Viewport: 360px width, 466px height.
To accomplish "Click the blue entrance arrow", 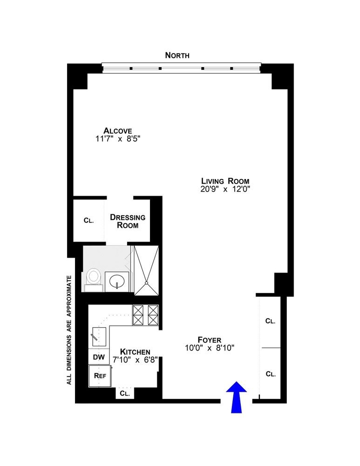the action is tap(237, 397).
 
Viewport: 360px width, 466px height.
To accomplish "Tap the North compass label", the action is tap(177, 55).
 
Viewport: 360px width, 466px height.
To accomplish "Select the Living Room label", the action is tap(225, 181).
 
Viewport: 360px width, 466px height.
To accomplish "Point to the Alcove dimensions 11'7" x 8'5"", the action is tap(118, 139).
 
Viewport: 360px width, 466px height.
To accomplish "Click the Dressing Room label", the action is tap(128, 221).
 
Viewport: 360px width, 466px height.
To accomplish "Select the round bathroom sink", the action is tap(117, 281).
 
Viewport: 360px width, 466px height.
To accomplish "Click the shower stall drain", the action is tap(146, 283).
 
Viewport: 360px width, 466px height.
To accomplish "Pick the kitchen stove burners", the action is tap(146, 315).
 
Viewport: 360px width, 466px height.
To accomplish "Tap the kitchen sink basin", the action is tap(99, 336).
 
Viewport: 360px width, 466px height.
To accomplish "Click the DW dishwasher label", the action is tap(99, 357).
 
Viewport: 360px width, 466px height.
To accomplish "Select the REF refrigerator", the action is tap(100, 376).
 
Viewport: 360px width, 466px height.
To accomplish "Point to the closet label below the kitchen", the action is tap(125, 393).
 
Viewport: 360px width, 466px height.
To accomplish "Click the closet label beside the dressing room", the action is tap(89, 220).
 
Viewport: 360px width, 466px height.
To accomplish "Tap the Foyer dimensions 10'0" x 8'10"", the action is tap(210, 348).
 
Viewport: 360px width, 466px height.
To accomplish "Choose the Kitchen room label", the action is tap(135, 352).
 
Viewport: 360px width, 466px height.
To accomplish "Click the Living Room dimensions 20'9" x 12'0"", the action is tap(225, 189).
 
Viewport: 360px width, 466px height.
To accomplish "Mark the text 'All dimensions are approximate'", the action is tap(69, 330).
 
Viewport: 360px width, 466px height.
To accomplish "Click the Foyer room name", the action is tap(210, 340).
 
